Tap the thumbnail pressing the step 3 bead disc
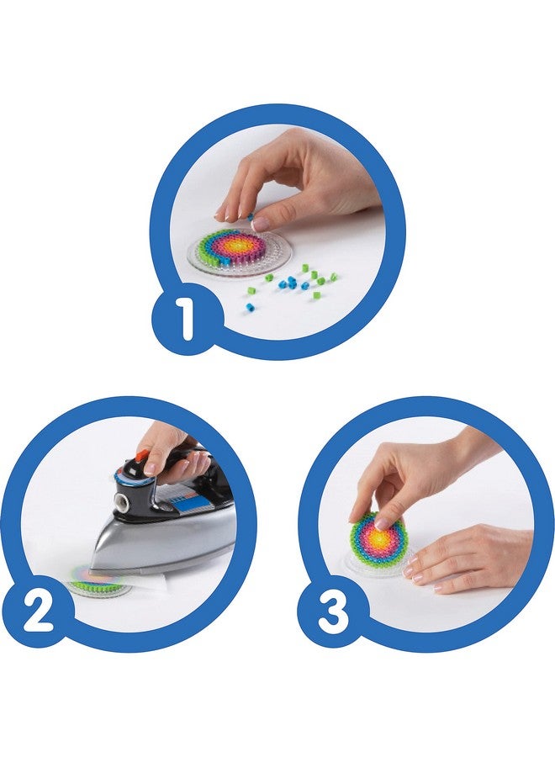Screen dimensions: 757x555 pos(383,522)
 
